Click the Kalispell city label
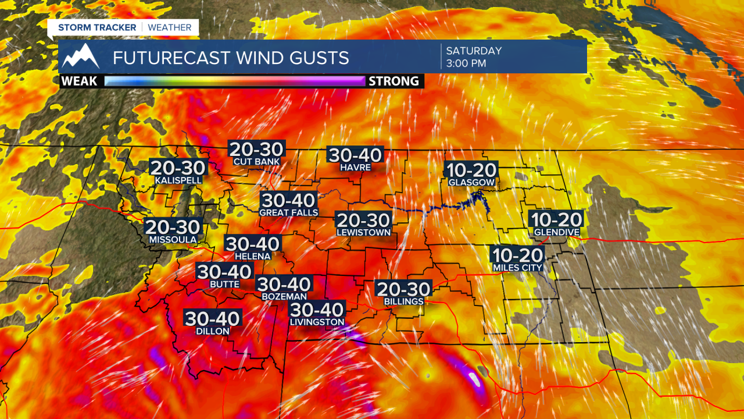point(178,180)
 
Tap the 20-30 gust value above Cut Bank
point(256,150)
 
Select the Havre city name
point(356,168)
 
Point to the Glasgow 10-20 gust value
point(471,171)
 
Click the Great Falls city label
point(289,212)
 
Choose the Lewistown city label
point(364,232)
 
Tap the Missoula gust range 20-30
point(173,227)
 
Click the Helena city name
point(253,256)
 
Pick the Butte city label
point(224,284)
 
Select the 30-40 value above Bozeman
point(284,284)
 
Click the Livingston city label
point(317,322)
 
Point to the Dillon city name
point(213,331)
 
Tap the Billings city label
point(404,301)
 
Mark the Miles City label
point(517,268)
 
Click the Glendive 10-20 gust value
point(556,219)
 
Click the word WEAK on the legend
point(79,81)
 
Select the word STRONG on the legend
point(394,81)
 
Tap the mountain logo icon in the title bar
point(81,56)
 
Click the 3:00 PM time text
point(466,63)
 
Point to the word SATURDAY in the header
point(474,50)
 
